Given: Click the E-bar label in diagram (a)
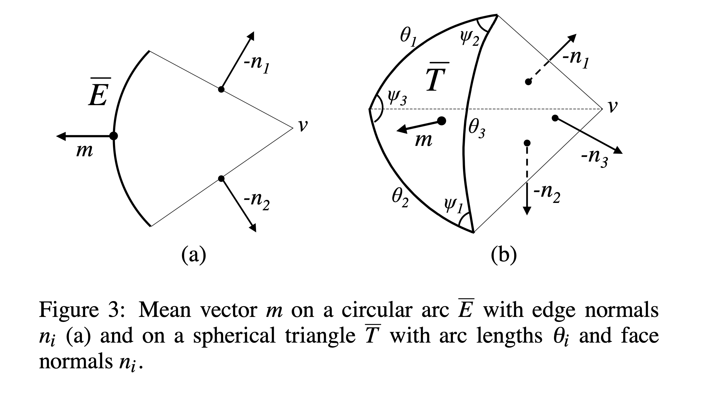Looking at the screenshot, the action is pyautogui.click(x=98, y=92).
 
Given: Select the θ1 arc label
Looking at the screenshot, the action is pyautogui.click(x=408, y=38).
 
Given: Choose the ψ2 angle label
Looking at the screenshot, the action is pyautogui.click(x=470, y=38).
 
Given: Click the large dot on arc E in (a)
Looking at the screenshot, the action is pyautogui.click(x=114, y=136).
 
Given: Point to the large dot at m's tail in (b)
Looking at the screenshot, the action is pyautogui.click(x=441, y=121).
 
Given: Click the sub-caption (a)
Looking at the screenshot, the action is pyautogui.click(x=193, y=254).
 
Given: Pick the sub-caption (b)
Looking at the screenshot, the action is pyautogui.click(x=504, y=254).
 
